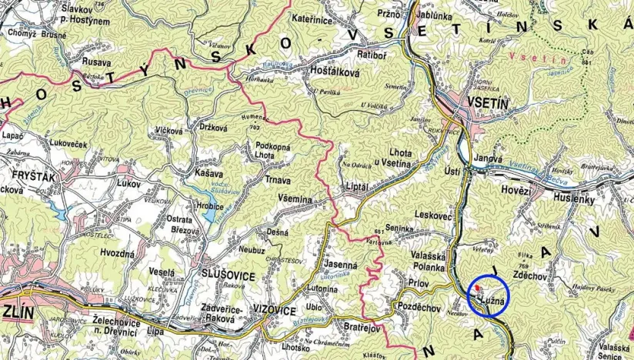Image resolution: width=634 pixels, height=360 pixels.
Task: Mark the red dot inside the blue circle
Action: (479, 287)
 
